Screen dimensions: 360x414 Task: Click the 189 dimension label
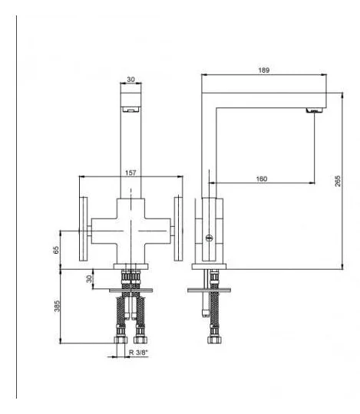click(x=263, y=71)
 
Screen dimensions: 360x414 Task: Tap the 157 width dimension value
click(x=130, y=173)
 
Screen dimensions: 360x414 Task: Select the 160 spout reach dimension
click(x=262, y=179)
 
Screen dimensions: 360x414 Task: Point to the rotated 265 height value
click(x=338, y=181)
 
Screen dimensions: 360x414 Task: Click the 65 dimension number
click(x=56, y=250)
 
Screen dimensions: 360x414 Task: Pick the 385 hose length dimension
click(x=57, y=306)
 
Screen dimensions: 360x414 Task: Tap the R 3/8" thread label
click(x=138, y=352)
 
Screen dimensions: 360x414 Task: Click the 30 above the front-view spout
click(x=130, y=79)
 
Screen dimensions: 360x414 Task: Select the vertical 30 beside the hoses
click(x=89, y=279)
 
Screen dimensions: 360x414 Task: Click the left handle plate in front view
click(x=83, y=229)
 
